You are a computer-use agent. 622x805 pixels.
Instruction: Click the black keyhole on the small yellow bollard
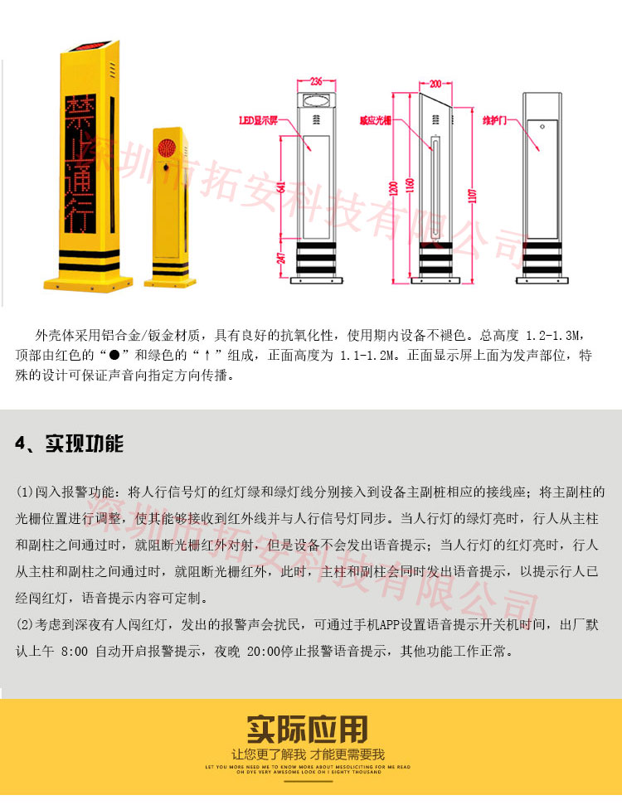(164, 167)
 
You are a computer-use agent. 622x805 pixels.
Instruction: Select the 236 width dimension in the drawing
(317, 82)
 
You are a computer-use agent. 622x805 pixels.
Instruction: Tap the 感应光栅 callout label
(375, 119)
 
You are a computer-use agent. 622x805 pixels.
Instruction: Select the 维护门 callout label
(495, 119)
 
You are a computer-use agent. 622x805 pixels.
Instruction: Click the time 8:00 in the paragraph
(74, 651)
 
